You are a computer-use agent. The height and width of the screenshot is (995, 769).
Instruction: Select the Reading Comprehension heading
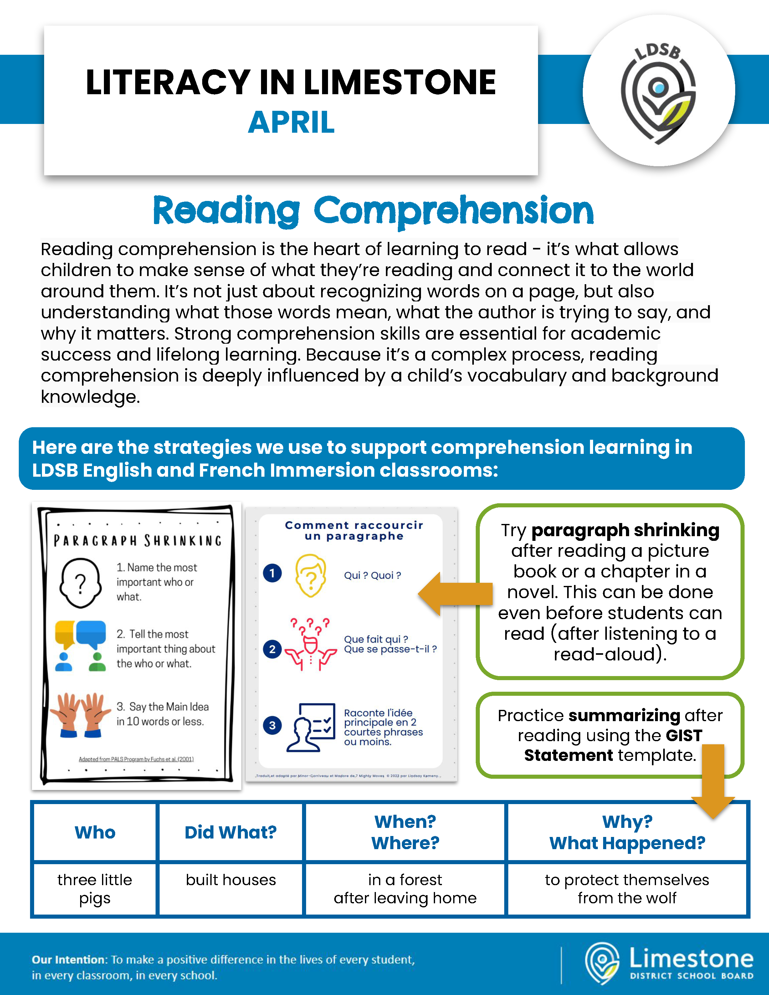coord(373,210)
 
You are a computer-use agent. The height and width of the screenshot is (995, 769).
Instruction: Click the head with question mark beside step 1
coord(80,583)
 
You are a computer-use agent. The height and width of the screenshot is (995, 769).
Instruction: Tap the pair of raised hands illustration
coord(80,714)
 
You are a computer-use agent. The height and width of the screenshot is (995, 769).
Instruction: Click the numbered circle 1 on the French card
coord(272,573)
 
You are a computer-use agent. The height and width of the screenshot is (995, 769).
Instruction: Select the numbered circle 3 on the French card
coord(272,725)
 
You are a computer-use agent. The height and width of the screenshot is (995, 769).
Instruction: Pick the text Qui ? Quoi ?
coord(372,575)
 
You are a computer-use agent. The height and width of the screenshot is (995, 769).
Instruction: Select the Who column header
coord(95,832)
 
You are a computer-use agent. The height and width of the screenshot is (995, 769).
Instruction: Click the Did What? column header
coord(231,832)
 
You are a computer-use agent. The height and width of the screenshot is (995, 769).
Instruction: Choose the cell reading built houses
coord(231,880)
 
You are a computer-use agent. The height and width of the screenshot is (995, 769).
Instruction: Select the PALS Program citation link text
coord(136,759)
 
